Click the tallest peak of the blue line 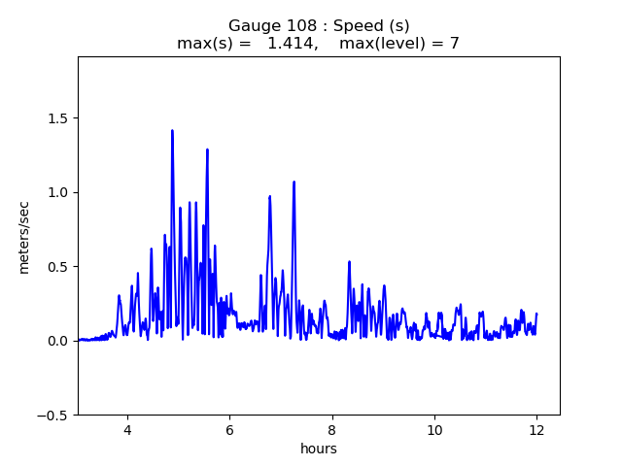tap(172, 130)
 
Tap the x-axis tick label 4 tap(127, 431)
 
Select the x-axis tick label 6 tap(229, 431)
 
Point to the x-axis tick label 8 tap(332, 431)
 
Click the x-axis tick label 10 tap(434, 431)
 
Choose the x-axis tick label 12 tap(536, 431)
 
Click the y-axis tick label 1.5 tap(57, 118)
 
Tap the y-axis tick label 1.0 tap(57, 192)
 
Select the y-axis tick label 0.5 tap(57, 267)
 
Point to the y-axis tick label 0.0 tap(57, 341)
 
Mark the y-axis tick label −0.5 tap(53, 415)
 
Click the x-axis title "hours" tap(319, 449)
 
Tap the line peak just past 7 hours tap(294, 182)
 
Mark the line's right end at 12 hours tap(536, 314)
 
